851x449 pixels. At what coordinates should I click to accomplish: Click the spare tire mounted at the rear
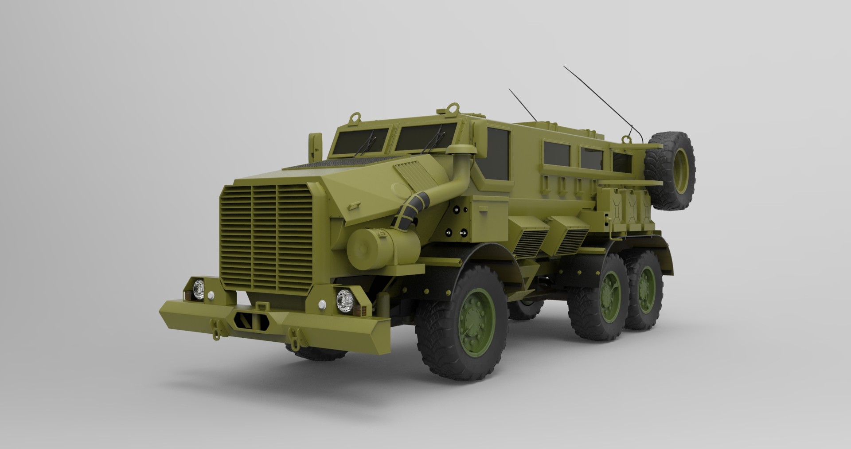tap(669, 171)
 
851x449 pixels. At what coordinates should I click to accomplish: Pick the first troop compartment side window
tap(557, 157)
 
